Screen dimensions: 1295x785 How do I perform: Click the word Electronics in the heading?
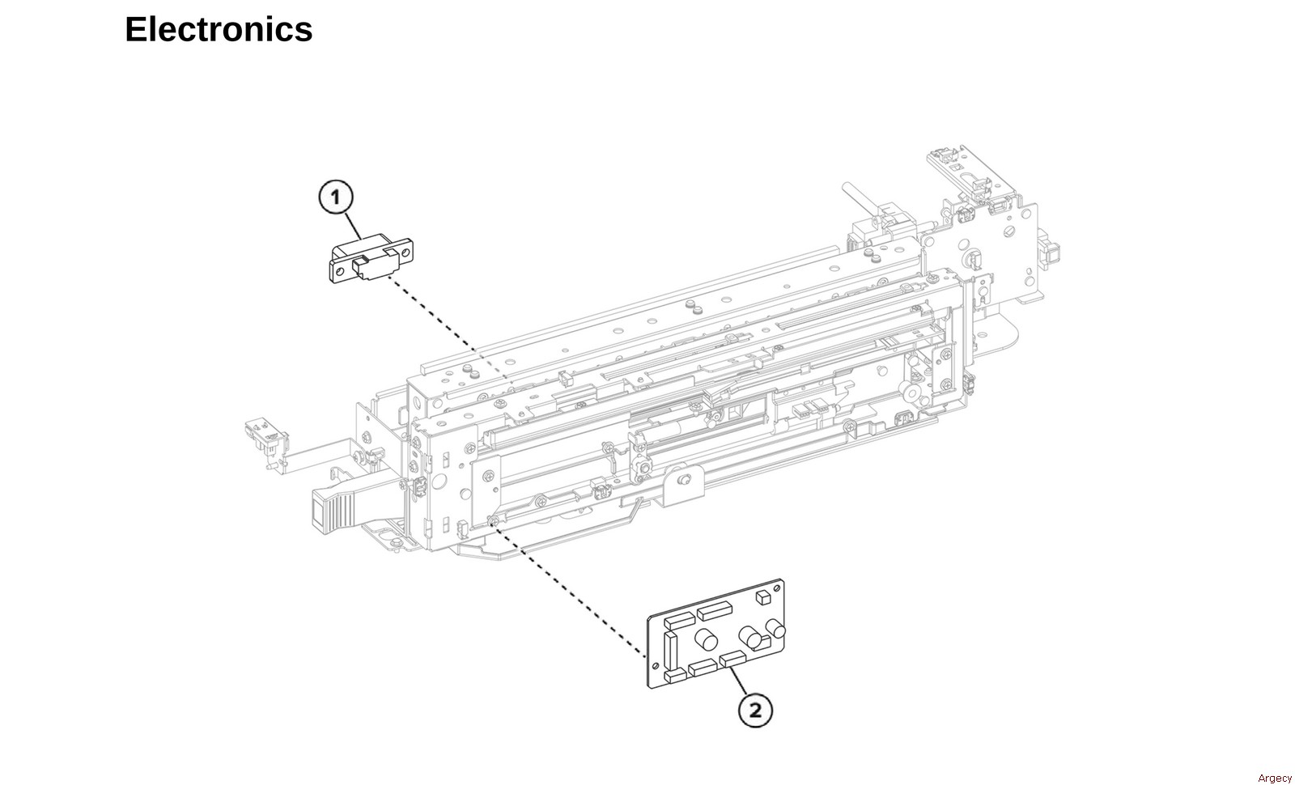coord(219,29)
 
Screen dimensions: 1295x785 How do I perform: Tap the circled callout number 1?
coord(335,197)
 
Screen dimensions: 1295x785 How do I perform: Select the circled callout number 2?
coord(755,710)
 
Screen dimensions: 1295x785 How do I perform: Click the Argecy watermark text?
coord(1274,778)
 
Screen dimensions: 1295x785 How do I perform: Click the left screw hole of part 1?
coord(340,270)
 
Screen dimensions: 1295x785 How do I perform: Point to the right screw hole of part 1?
coord(405,252)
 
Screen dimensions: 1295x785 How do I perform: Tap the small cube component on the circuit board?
coord(763,597)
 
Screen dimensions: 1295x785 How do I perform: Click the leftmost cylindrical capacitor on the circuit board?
coord(706,640)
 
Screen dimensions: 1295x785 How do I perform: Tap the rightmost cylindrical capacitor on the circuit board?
coord(775,628)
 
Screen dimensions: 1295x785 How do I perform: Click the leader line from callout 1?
coord(354,226)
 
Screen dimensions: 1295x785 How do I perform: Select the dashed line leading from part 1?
coord(448,327)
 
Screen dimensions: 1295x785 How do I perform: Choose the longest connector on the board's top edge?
coord(715,610)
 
